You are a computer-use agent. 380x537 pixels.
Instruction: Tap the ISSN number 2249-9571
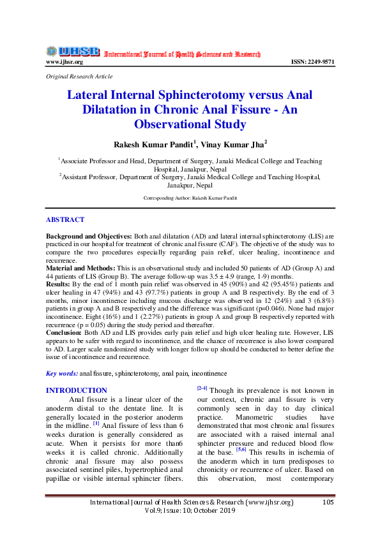click(313, 62)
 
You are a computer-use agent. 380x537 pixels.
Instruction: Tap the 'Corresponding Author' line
click(190, 198)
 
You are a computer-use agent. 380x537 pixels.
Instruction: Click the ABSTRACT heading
click(65, 219)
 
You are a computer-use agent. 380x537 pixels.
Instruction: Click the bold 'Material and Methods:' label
click(80, 268)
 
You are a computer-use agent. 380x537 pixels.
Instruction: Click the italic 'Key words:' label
click(62, 372)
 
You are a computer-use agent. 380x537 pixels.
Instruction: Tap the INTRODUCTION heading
click(77, 390)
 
